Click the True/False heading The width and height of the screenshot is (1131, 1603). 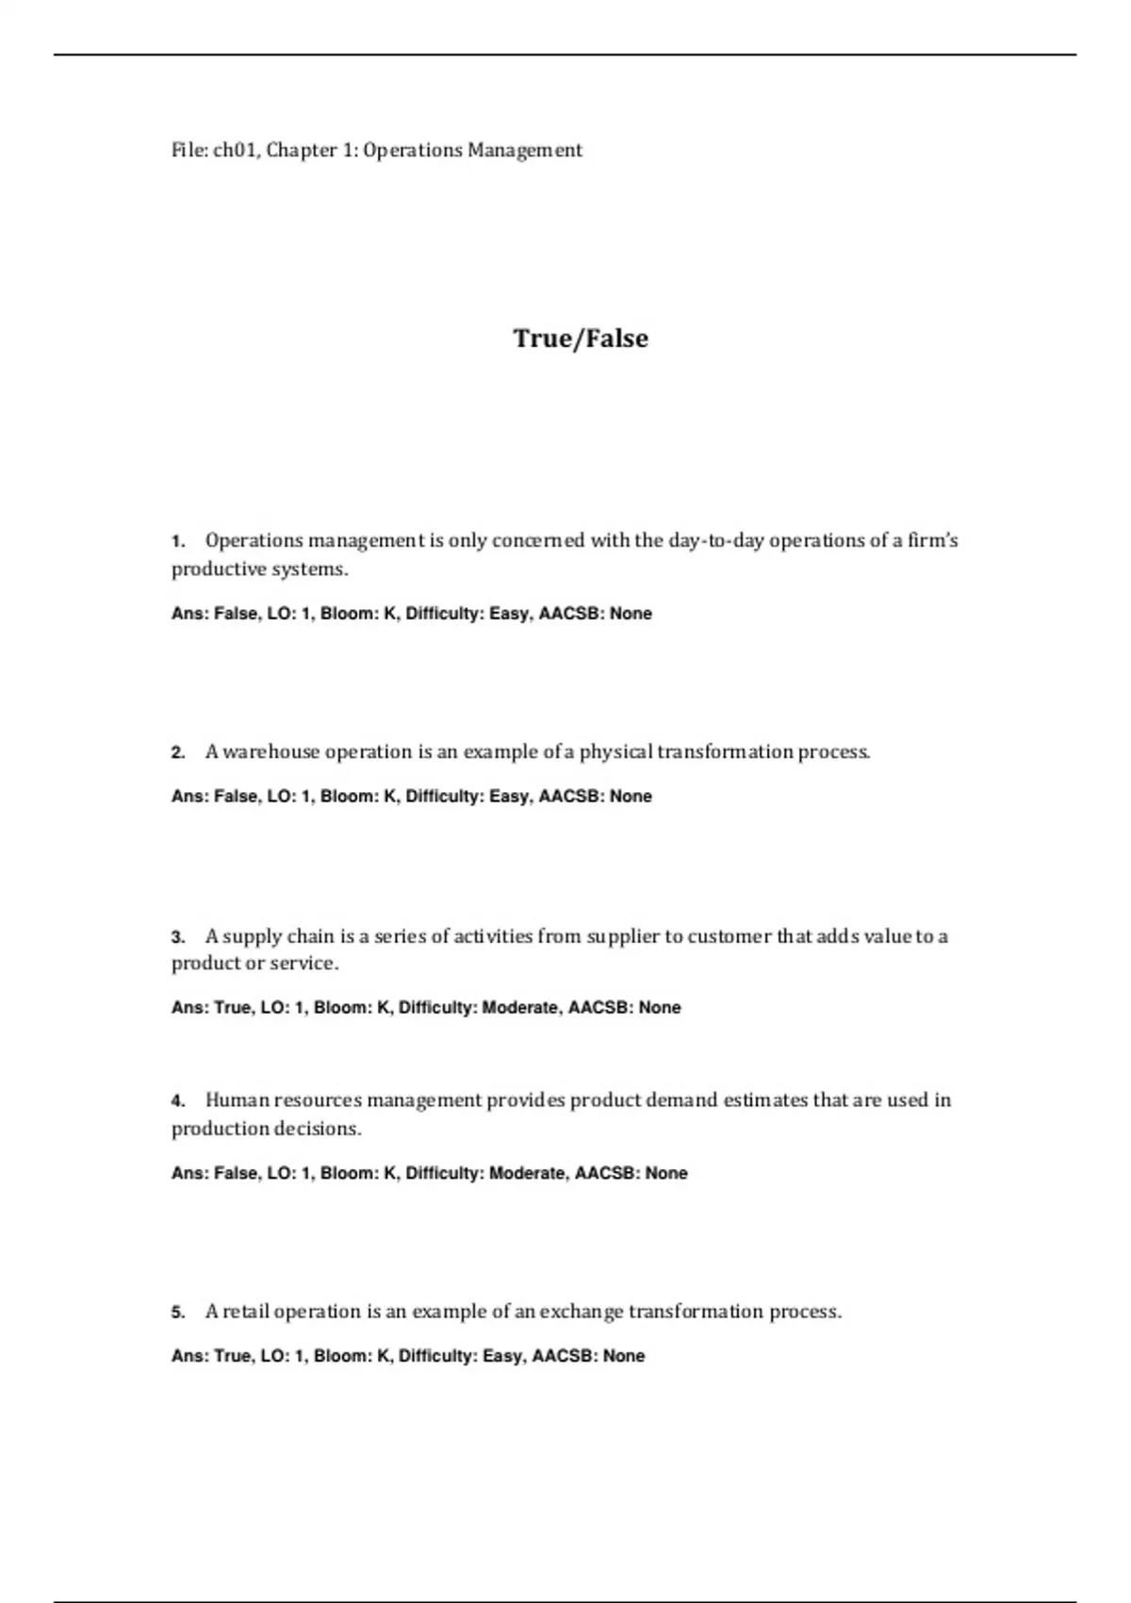pyautogui.click(x=581, y=339)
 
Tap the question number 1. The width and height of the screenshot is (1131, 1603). pyautogui.click(x=177, y=541)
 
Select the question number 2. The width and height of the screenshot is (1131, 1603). pyautogui.click(x=177, y=752)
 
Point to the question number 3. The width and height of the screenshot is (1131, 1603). pyautogui.click(x=177, y=937)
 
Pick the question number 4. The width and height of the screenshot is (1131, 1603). pyautogui.click(x=177, y=1100)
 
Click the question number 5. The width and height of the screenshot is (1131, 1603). pyautogui.click(x=177, y=1312)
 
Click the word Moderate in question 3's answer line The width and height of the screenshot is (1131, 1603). pyautogui.click(x=519, y=1008)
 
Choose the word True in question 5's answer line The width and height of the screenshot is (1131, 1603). pyautogui.click(x=233, y=1356)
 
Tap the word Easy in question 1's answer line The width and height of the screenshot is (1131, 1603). pyautogui.click(x=509, y=614)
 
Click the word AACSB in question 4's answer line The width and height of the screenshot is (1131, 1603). pyautogui.click(x=606, y=1174)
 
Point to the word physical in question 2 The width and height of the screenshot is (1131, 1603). pyautogui.click(x=615, y=752)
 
